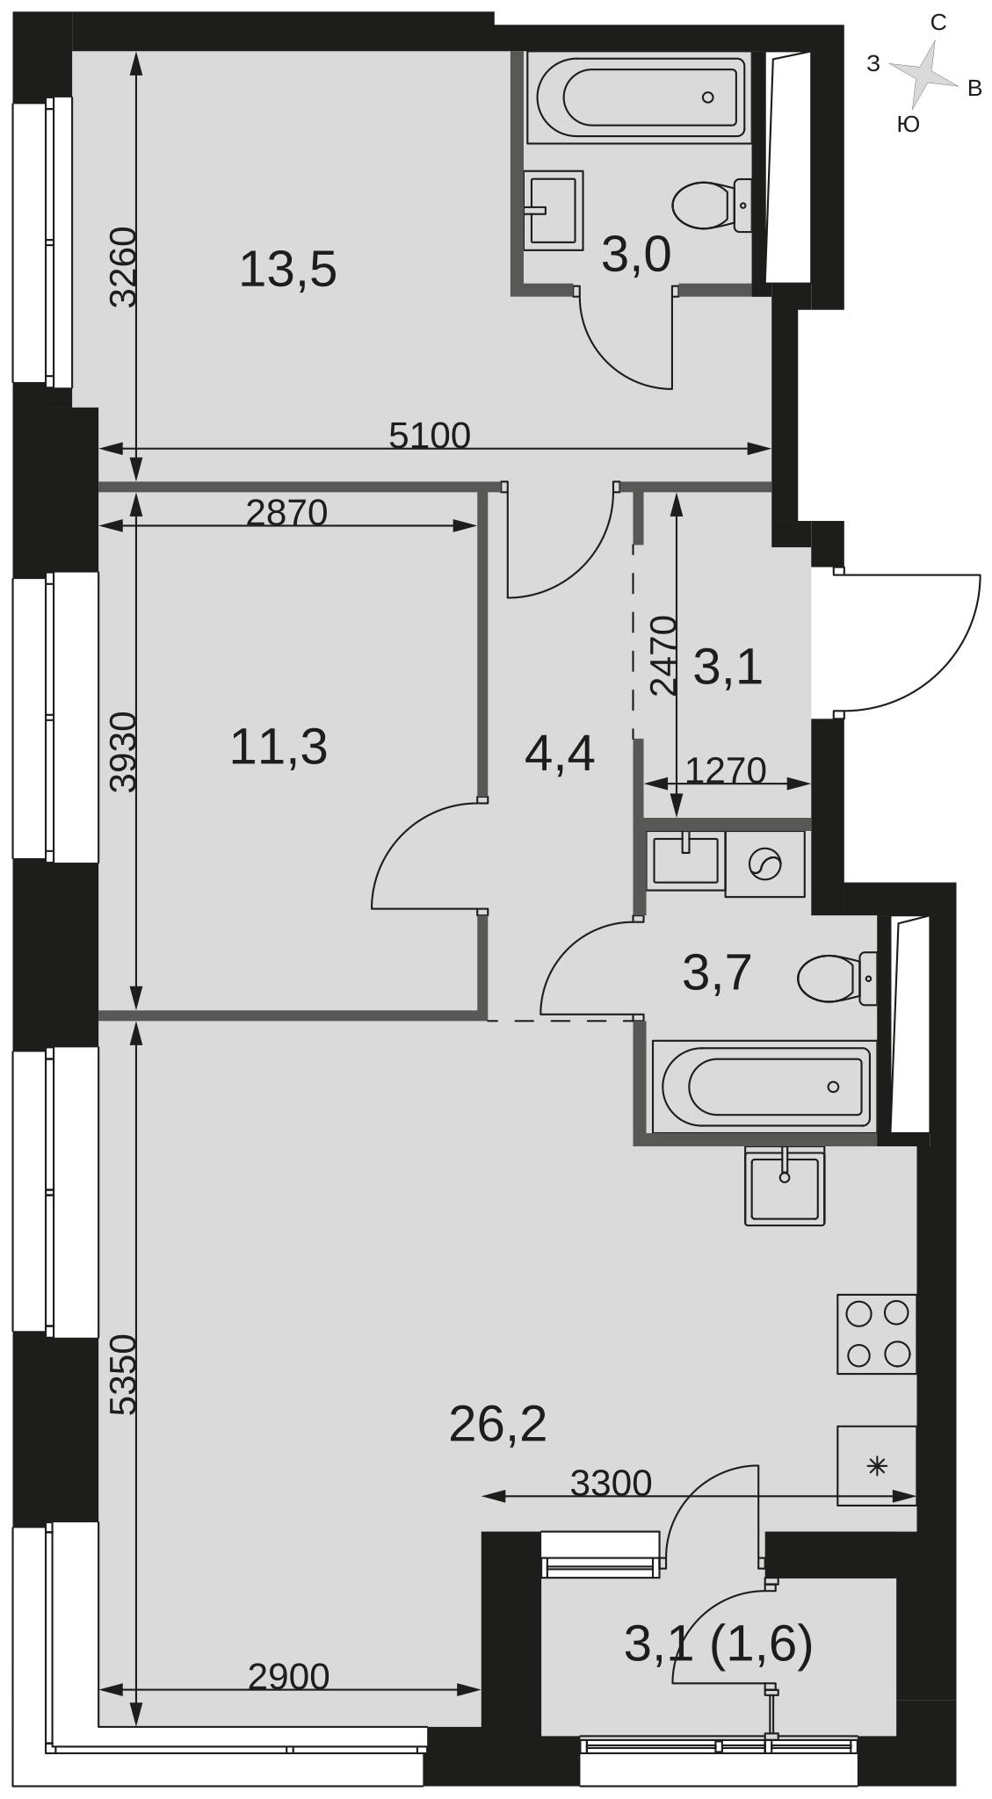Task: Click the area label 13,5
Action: click(x=287, y=269)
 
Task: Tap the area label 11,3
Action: click(x=279, y=748)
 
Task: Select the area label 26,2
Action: click(x=497, y=1424)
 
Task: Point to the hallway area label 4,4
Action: click(x=560, y=754)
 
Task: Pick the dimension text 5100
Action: click(x=430, y=436)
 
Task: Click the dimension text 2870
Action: click(x=286, y=512)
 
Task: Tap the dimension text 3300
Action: click(x=611, y=1483)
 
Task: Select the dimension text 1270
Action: click(x=725, y=770)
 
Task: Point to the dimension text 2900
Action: click(x=288, y=1677)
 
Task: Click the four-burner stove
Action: click(x=876, y=1333)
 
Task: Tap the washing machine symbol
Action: click(x=764, y=864)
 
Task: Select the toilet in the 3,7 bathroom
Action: click(x=837, y=979)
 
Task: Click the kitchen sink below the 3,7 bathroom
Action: click(x=785, y=1185)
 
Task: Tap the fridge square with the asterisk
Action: click(x=876, y=1465)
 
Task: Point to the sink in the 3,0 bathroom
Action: click(x=554, y=211)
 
